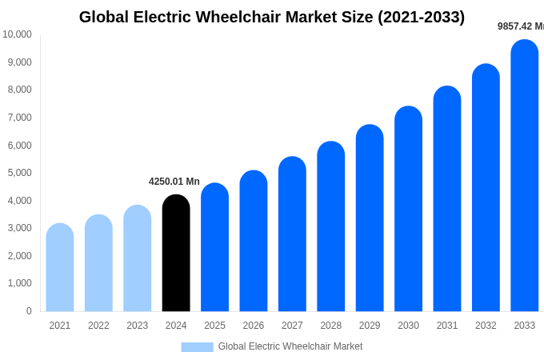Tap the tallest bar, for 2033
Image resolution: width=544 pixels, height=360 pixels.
coord(525,176)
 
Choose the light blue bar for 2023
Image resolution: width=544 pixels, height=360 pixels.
coord(138,258)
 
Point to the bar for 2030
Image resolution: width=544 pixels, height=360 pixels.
coord(408,209)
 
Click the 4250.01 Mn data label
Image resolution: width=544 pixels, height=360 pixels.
coord(174,182)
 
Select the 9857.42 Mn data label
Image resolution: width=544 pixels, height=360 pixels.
coord(521,26)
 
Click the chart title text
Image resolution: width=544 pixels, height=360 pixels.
coord(272,17)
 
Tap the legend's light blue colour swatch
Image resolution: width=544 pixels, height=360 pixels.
coord(197,346)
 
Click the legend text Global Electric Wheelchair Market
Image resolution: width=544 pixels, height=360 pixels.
coord(290,346)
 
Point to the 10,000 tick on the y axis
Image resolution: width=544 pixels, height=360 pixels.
coord(17,34)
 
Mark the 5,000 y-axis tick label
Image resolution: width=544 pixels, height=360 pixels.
coord(19,173)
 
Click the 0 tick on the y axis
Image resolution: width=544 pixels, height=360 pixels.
coord(29,311)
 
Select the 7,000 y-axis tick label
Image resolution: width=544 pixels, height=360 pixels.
coord(19,118)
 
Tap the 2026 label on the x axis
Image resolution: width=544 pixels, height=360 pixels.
coord(254,326)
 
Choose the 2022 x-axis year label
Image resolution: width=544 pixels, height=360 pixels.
coord(98,326)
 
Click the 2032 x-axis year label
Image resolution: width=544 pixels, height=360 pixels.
coord(486,326)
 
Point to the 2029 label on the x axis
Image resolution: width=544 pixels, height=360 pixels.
coord(370,326)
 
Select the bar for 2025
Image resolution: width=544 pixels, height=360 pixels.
coord(214,247)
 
